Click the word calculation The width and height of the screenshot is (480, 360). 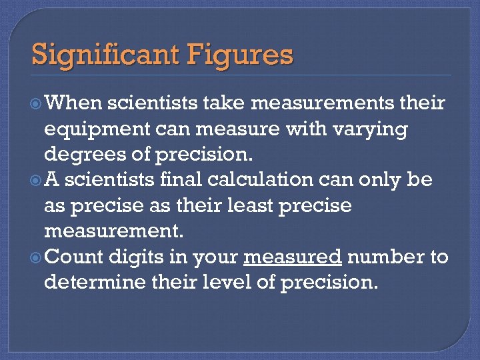[257, 180]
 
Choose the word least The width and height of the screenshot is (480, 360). [253, 205]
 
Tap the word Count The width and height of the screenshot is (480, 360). [75, 257]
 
